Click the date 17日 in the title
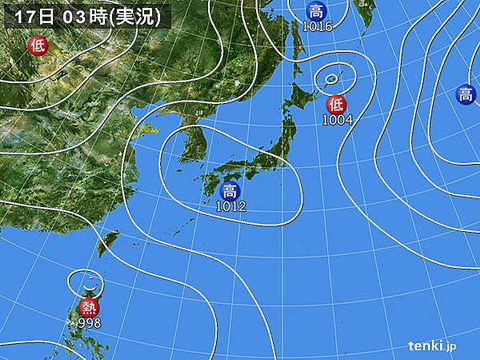pos(21,14)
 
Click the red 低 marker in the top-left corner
pos(38,44)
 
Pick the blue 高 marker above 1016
pos(316,12)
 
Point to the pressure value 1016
pos(316,27)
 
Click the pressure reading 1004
pos(336,120)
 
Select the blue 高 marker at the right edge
pos(466,95)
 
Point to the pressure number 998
pos(89,322)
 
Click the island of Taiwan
pos(108,242)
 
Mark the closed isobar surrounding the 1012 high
pos(300,200)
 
